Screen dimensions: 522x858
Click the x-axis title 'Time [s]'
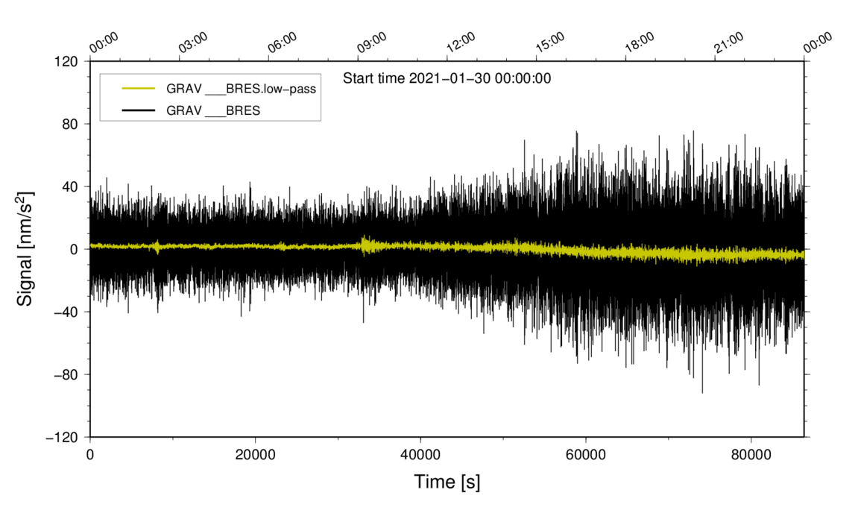[x=447, y=482]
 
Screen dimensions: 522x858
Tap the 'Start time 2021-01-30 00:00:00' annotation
[x=447, y=78]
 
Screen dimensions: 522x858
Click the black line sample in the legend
[x=139, y=110]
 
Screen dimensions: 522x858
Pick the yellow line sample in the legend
[x=139, y=89]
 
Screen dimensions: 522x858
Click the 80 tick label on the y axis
[x=72, y=124]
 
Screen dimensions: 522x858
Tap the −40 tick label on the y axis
[x=69, y=312]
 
